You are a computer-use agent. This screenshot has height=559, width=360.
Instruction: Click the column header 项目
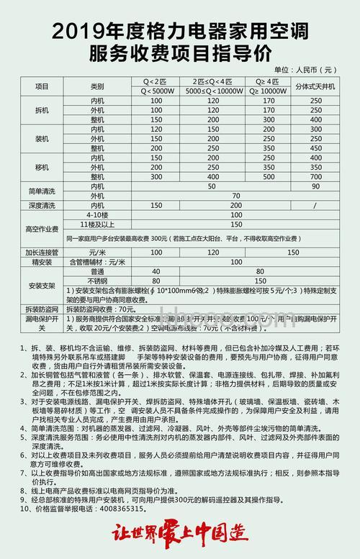[41, 85]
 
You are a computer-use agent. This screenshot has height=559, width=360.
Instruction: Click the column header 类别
[97, 85]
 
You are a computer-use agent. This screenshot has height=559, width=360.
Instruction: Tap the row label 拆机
[41, 110]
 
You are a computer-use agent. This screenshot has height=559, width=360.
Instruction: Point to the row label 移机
[41, 166]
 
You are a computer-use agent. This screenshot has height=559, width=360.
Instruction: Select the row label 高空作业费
[41, 229]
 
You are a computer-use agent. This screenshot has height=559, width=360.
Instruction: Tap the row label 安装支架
[41, 286]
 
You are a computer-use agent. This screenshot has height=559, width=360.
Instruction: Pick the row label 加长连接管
[41, 253]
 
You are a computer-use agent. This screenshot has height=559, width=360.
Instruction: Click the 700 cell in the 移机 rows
[315, 176]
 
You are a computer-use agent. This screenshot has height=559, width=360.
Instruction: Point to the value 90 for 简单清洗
[315, 186]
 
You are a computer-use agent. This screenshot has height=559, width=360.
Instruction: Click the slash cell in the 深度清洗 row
[315, 205]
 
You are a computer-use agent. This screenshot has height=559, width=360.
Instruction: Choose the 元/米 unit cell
[97, 253]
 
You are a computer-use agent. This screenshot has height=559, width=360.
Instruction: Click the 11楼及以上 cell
[97, 224]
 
